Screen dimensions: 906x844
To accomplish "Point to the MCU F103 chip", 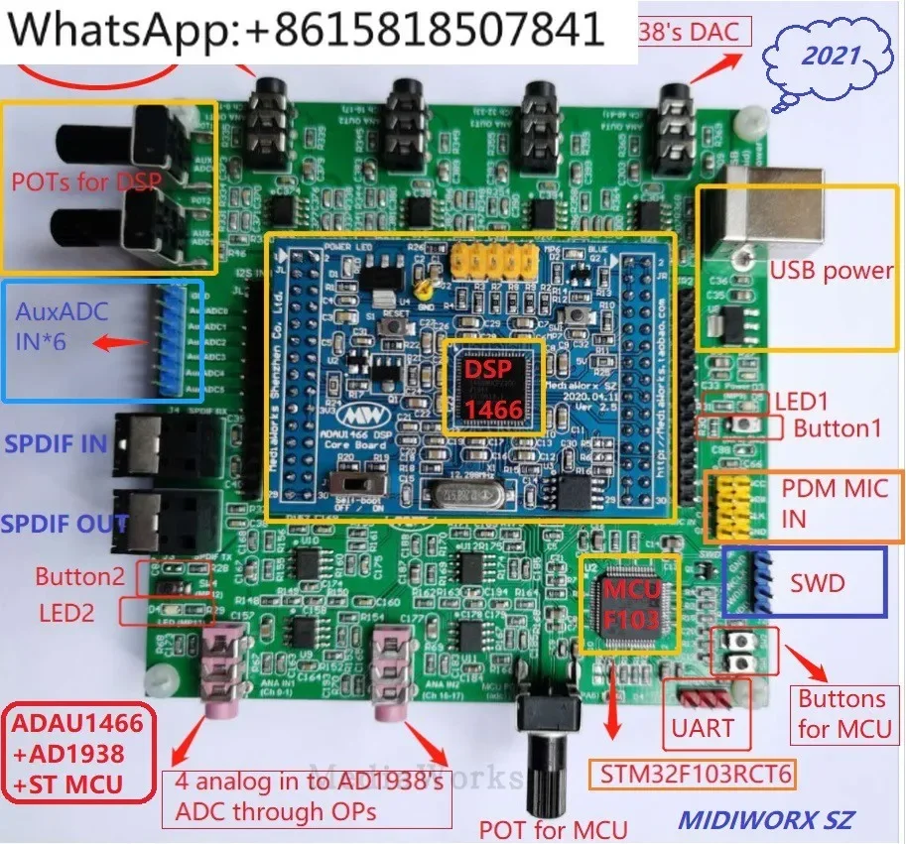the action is pos(627,605).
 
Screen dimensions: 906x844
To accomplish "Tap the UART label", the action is pos(703,729).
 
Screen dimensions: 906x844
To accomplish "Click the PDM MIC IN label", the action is pos(834,503).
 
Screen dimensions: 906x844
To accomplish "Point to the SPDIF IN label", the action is pos(56,443).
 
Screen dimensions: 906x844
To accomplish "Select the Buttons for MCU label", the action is pos(841,714).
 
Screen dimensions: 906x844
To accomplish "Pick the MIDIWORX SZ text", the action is pos(765,820).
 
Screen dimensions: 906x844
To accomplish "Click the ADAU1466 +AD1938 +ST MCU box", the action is pos(78,753).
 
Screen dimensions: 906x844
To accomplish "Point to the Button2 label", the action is pos(78,576).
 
